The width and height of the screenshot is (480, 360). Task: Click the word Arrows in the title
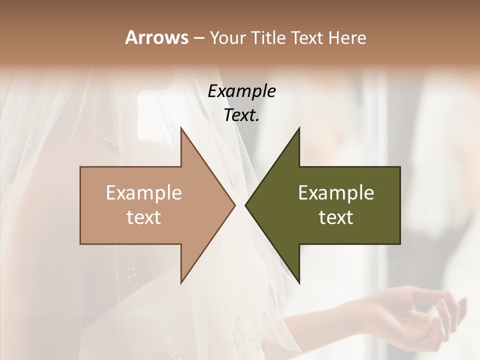pyautogui.click(x=156, y=37)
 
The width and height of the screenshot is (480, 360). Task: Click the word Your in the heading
pyautogui.click(x=227, y=37)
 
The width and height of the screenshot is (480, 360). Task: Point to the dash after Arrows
pyautogui.click(x=198, y=38)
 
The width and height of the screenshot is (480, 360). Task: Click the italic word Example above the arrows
pyautogui.click(x=241, y=91)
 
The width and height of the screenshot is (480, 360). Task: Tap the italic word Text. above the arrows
pyautogui.click(x=241, y=115)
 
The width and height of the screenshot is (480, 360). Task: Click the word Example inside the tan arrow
pyautogui.click(x=144, y=193)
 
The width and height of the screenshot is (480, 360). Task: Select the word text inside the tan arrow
pyautogui.click(x=144, y=217)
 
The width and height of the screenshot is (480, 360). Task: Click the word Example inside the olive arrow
pyautogui.click(x=336, y=193)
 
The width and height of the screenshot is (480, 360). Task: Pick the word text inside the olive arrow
pyautogui.click(x=336, y=217)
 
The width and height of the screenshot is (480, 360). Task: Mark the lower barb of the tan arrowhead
pyautogui.click(x=182, y=280)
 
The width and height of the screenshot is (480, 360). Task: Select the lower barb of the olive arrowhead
pyautogui.click(x=298, y=280)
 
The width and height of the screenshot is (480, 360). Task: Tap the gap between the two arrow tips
pyautogui.click(x=240, y=205)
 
